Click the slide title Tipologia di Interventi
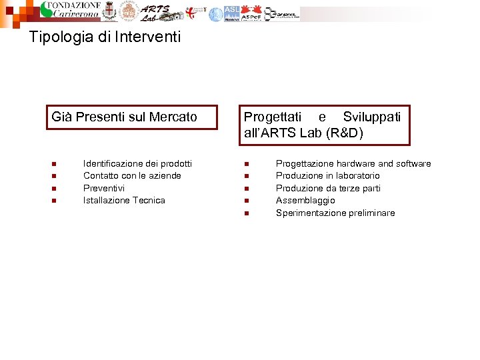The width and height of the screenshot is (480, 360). click(105, 37)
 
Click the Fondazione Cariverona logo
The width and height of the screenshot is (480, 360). click(71, 11)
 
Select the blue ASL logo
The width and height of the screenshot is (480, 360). click(231, 13)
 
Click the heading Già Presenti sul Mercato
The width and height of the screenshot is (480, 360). click(125, 117)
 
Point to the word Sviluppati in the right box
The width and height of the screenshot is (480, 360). click(372, 117)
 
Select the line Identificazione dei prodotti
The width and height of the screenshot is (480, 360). click(137, 163)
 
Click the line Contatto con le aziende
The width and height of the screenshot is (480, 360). click(132, 175)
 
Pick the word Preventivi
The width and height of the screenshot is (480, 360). click(103, 188)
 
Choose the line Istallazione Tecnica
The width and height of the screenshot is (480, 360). click(124, 200)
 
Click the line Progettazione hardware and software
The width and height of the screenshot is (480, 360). click(353, 163)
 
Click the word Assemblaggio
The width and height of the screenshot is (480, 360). click(305, 200)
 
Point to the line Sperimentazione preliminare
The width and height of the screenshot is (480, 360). click(335, 213)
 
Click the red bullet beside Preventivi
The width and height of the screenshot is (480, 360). click(53, 189)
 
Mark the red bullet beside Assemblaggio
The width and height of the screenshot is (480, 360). click(246, 201)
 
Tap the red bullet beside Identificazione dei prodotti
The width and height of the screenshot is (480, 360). click(53, 164)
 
